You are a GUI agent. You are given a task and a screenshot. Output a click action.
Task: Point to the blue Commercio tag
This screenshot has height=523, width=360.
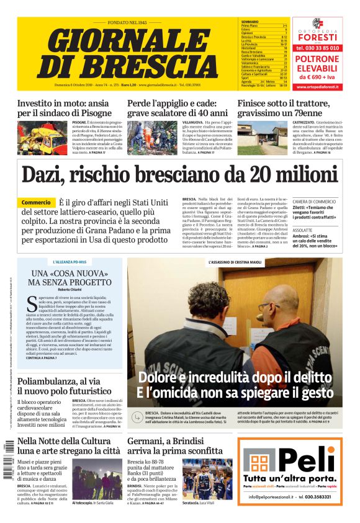click(x=36, y=203)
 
